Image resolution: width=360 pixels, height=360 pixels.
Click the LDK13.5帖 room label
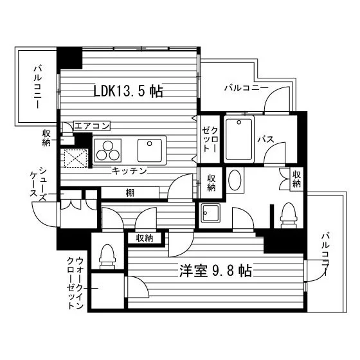[128, 91]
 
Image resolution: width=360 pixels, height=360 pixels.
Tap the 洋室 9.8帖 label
[215, 271]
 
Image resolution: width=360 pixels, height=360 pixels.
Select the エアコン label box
[92, 126]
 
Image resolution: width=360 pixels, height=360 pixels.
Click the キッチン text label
[129, 171]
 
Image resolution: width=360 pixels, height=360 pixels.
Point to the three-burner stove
[108, 150]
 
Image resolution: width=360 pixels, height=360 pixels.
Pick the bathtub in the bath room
[239, 139]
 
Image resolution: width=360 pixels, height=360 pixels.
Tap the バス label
[265, 139]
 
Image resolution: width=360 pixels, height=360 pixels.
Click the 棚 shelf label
[130, 193]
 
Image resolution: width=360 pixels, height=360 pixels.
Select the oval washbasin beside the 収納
[235, 180]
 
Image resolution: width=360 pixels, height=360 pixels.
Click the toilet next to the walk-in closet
[107, 256]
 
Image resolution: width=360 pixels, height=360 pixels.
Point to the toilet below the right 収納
[289, 216]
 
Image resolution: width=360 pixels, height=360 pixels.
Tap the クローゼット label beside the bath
[209, 139]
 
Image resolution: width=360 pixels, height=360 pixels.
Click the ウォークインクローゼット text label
[75, 283]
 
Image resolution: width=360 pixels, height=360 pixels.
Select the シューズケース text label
[39, 184]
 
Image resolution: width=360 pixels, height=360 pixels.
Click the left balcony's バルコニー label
[38, 87]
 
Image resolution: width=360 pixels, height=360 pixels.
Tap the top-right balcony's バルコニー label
[246, 87]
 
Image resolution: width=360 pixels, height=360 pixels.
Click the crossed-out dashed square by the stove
[76, 158]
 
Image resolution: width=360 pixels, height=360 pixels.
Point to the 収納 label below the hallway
[144, 238]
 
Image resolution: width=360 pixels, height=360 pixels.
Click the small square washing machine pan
[211, 213]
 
